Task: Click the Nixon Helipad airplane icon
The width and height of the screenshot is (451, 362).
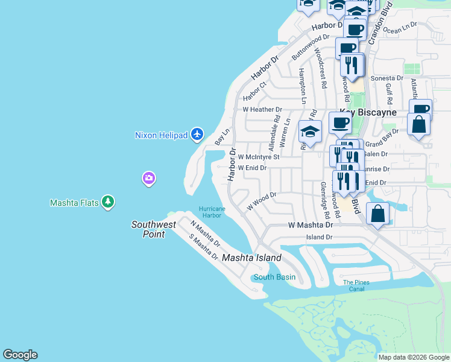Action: (197, 134)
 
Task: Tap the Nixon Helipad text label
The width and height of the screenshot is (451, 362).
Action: (162, 135)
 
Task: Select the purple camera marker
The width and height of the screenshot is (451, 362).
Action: (149, 178)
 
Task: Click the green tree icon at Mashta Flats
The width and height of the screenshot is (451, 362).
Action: (108, 202)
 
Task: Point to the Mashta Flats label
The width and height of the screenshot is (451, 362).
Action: (74, 203)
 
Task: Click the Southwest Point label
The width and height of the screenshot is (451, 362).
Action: (154, 229)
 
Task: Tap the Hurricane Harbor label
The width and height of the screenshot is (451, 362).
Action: (212, 212)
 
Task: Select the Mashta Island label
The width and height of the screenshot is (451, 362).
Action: (251, 258)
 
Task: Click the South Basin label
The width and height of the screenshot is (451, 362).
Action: (274, 277)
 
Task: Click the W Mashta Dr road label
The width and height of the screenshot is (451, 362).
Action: (311, 224)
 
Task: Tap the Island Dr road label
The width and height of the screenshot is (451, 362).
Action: (319, 237)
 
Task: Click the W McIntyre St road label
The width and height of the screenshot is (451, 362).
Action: (258, 157)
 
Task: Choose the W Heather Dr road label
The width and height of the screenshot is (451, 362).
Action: (262, 110)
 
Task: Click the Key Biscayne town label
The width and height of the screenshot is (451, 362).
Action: (368, 112)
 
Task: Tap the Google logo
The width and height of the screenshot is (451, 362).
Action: (20, 355)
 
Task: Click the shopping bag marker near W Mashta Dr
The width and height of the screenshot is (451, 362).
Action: (377, 214)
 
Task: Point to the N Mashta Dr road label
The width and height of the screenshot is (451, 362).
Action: (205, 234)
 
